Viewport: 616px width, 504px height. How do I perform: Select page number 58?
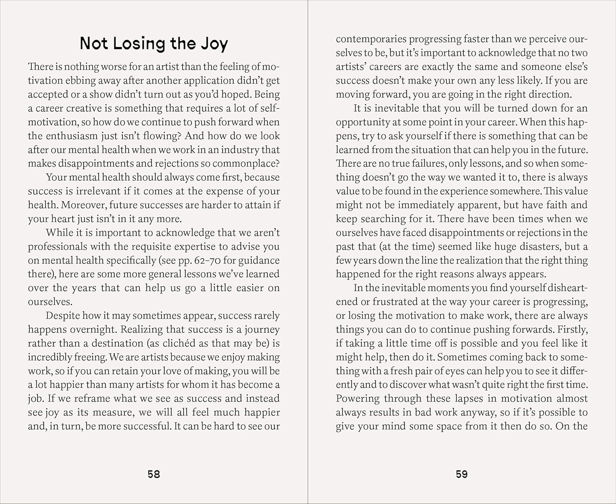coord(154,474)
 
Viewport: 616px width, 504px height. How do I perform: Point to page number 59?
coord(462,474)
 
